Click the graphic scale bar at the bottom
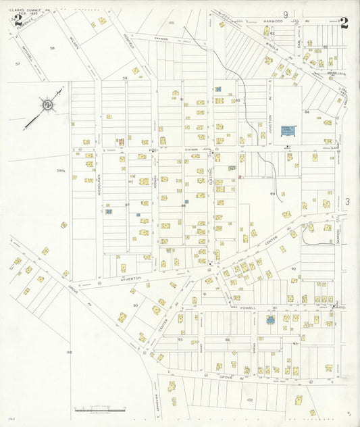coord(100,409)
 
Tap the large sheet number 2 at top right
coord(344,22)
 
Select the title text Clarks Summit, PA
coord(30,10)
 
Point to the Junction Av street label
coord(269,122)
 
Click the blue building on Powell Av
coord(270,320)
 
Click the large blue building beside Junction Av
coord(289,131)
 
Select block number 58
coord(52,49)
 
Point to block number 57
coord(18,64)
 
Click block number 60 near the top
coord(172,22)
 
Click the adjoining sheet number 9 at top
coord(286,14)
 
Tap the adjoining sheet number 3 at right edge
coord(347,201)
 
